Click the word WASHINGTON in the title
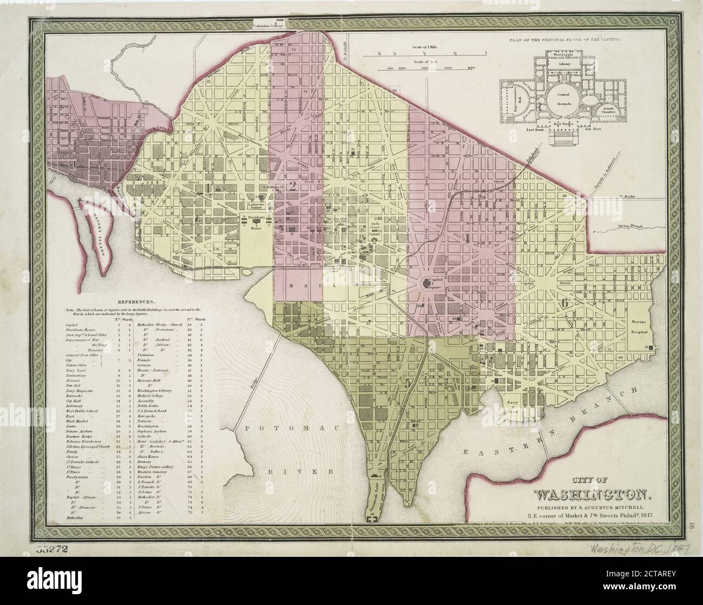click(595, 495)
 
